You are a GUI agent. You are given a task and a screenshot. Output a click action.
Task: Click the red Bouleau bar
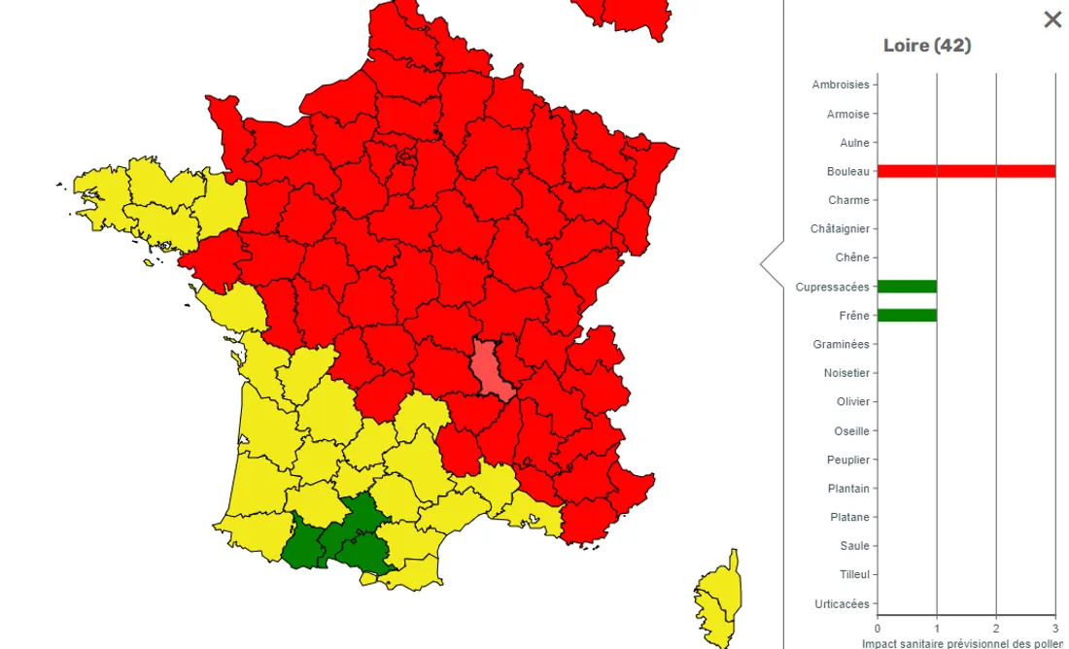pyautogui.click(x=966, y=171)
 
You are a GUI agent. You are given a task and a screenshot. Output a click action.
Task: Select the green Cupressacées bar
pyautogui.click(x=907, y=287)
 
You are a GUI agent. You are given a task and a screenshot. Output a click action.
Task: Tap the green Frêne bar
pyautogui.click(x=907, y=315)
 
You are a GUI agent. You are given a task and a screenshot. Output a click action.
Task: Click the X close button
pyautogui.click(x=1052, y=19)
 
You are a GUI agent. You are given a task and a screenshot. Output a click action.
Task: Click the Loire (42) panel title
pyautogui.click(x=926, y=46)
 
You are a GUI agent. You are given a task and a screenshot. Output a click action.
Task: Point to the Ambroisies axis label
pyautogui.click(x=841, y=85)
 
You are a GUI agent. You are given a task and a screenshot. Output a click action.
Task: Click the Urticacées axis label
pyautogui.click(x=841, y=603)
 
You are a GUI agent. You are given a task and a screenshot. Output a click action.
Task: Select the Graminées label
pyautogui.click(x=841, y=344)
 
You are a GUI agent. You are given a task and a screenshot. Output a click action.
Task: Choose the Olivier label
pyautogui.click(x=852, y=401)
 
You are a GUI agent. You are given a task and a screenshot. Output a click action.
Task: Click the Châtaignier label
pyautogui.click(x=840, y=228)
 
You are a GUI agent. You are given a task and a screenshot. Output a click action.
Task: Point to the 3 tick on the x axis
pyautogui.click(x=1055, y=628)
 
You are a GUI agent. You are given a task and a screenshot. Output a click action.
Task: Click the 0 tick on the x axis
pyautogui.click(x=878, y=628)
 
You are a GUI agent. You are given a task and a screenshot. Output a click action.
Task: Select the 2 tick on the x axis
pyautogui.click(x=996, y=628)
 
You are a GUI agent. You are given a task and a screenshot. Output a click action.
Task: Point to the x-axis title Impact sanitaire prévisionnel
pyautogui.click(x=962, y=642)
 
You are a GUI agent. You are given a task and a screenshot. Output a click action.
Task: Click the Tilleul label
pyautogui.click(x=854, y=574)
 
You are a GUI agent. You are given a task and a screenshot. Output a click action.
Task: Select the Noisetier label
pyautogui.click(x=846, y=373)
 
